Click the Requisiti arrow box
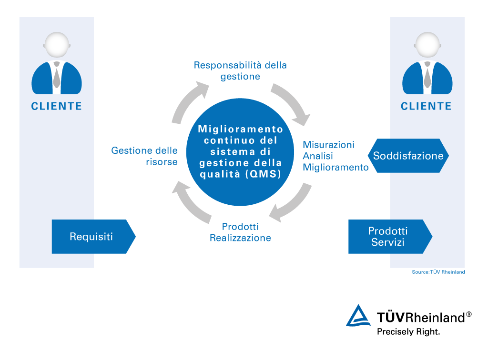coord(91,236)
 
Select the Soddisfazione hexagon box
coord(408,156)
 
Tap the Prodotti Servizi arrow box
coord(388,236)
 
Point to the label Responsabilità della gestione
coord(240,70)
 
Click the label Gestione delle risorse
coord(144,156)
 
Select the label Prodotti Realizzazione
coord(240,232)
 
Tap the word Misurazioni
coord(328,145)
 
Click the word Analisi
coord(318,156)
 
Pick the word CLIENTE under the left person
coord(57,106)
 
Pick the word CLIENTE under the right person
coord(426,106)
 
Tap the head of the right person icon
coord(427,45)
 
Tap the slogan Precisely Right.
coord(408,331)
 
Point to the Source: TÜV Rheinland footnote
coord(438,272)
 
